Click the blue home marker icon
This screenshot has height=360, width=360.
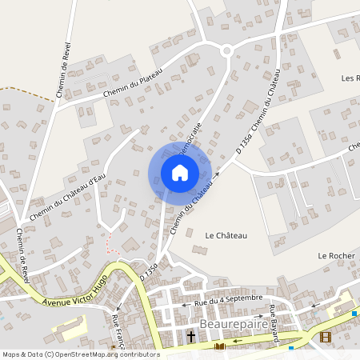[180, 173]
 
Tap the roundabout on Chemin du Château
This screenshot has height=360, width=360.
[226, 50]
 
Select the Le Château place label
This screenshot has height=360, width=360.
[226, 235]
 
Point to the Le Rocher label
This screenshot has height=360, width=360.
[335, 255]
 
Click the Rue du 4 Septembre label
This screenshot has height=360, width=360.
[232, 300]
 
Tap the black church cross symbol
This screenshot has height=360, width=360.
[192, 338]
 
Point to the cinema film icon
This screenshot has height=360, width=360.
[324, 337]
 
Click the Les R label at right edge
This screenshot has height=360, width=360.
[351, 78]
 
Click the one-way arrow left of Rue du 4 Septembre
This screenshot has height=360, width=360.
[185, 304]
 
